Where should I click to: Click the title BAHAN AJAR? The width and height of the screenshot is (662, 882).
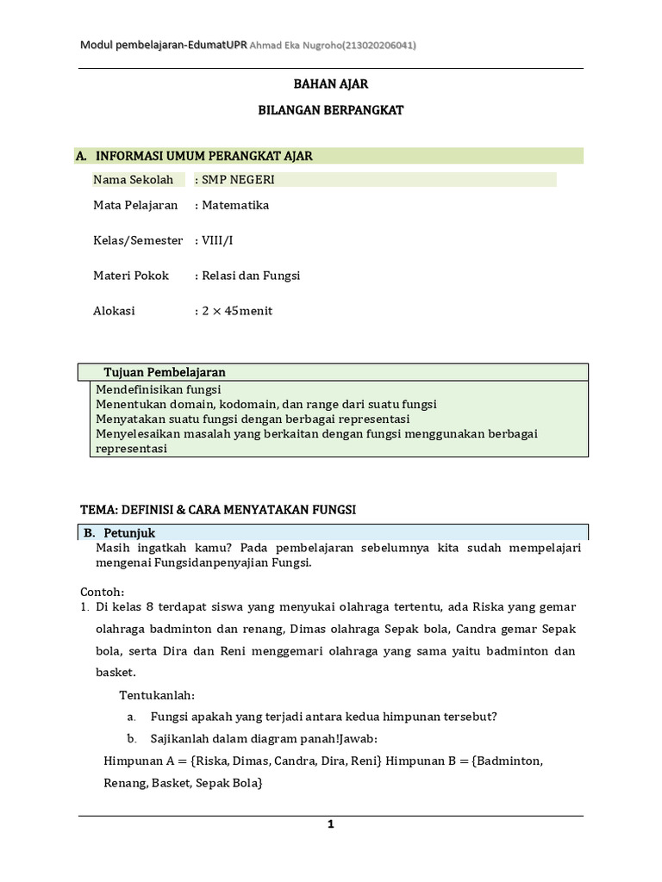[x=332, y=84]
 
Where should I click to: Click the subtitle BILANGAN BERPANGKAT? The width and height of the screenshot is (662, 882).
[x=332, y=110]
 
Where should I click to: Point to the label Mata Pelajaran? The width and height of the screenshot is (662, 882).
[x=135, y=205]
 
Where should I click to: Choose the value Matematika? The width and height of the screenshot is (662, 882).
[x=234, y=205]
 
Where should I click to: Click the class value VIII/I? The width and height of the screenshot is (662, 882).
[x=217, y=240]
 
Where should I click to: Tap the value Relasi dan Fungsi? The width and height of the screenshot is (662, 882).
[x=250, y=276]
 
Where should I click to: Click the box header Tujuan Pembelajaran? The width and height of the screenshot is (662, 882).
[x=165, y=372]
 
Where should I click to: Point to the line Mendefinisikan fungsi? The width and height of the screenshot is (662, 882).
[x=158, y=389]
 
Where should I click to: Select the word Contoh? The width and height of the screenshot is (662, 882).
[x=103, y=592]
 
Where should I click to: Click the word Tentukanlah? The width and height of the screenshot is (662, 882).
[x=157, y=694]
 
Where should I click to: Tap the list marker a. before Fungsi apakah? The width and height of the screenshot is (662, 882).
[x=131, y=716]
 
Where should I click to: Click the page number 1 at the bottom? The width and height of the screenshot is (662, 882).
[x=330, y=824]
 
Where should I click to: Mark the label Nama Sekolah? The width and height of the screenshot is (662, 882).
[x=133, y=179]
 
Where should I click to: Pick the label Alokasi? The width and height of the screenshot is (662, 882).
[x=114, y=311]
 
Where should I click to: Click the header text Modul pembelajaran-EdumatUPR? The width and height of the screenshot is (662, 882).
[x=163, y=45]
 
